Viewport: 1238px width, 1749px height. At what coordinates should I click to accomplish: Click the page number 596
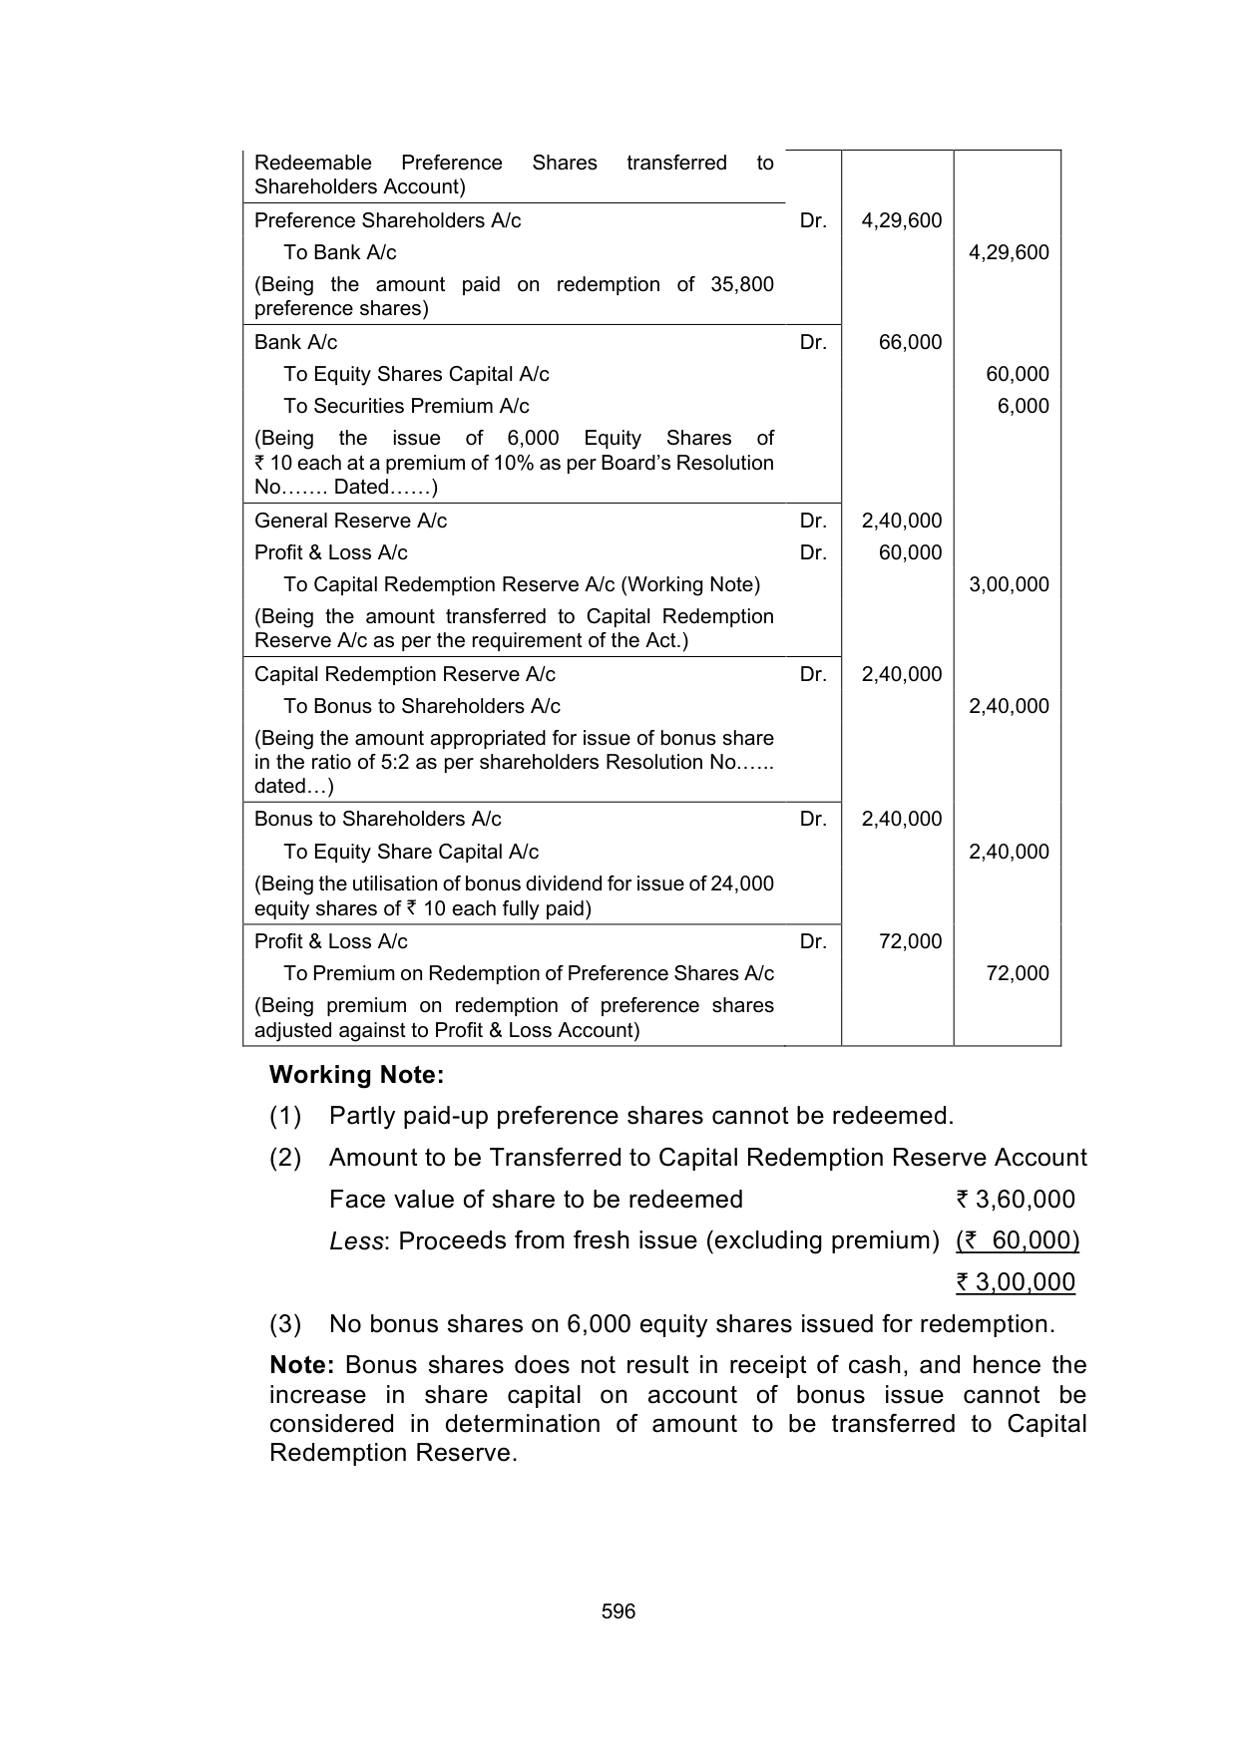pos(619,1611)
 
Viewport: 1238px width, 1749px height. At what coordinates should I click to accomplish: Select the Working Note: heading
pos(356,1075)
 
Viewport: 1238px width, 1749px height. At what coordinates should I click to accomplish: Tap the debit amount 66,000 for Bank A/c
pos(910,342)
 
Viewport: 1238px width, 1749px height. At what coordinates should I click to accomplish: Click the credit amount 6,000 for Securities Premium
pos(1023,406)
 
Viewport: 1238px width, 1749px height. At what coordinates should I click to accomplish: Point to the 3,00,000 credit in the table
pos(1009,584)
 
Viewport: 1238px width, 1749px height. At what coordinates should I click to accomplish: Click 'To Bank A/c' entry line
pos(339,252)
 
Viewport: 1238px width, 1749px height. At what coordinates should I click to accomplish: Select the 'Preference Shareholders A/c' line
pos(387,220)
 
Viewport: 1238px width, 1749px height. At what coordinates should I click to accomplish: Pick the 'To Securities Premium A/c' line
pos(406,406)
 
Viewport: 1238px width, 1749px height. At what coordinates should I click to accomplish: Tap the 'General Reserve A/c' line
pos(350,521)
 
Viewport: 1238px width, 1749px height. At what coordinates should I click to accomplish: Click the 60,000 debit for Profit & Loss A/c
pos(910,552)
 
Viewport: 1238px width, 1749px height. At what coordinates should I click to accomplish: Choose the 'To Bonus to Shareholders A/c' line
pos(421,706)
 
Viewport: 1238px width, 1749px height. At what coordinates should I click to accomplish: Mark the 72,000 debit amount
pos(910,941)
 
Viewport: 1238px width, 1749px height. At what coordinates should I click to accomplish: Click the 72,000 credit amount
pos(1017,973)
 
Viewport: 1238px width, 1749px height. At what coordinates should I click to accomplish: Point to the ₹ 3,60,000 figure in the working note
pos(1015,1200)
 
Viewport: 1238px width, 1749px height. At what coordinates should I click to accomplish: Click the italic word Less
pos(356,1240)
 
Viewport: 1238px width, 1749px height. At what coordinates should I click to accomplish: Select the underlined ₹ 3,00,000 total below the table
pos(1015,1282)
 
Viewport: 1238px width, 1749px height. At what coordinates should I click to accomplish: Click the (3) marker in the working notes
pos(285,1324)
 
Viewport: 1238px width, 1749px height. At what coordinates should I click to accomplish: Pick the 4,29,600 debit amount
pos(901,220)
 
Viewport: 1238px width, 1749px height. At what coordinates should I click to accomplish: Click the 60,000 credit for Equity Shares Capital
pos(1017,374)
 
